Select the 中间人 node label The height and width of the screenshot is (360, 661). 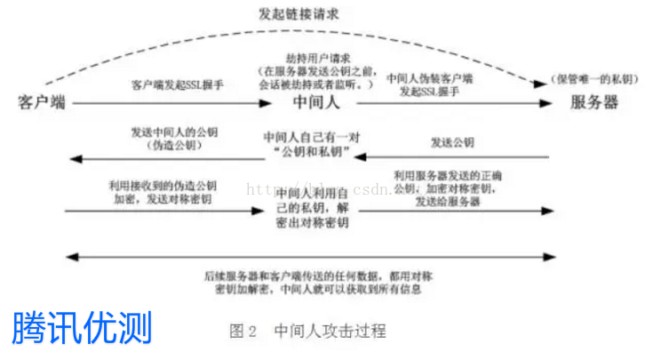tap(317, 102)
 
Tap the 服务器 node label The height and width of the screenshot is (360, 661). tap(594, 102)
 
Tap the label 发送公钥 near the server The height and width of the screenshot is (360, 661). tap(452, 142)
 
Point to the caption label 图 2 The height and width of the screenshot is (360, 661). tap(243, 332)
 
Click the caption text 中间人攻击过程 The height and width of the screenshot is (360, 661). tap(330, 332)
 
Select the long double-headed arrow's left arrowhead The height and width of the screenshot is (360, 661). tap(72, 258)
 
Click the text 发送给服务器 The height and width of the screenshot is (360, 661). tap(448, 202)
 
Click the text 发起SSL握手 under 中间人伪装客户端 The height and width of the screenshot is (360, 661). tap(430, 91)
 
